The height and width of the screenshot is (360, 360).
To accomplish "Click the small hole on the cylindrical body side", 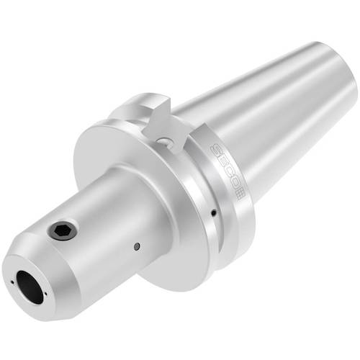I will tap(137, 246).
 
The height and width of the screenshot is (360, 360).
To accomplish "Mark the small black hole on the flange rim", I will tap(214, 213).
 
